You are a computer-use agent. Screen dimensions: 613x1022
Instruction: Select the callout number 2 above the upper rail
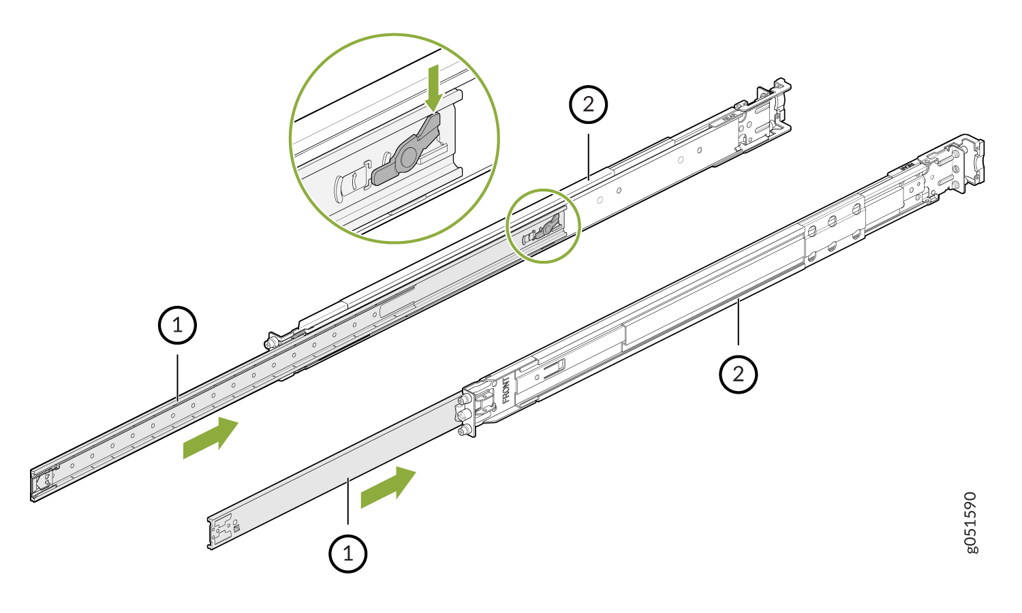[x=588, y=104]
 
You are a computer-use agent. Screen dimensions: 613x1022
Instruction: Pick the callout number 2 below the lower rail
[x=739, y=374]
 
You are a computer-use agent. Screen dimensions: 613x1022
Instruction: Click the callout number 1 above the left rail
[x=178, y=325]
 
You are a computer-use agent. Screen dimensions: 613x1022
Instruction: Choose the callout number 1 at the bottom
[x=348, y=554]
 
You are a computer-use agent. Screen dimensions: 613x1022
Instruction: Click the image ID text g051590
[x=971, y=522]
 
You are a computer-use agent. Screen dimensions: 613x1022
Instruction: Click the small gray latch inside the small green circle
[x=548, y=227]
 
